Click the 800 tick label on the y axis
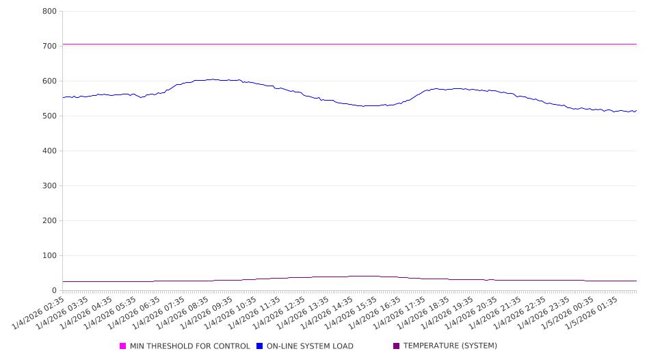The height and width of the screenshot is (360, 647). coord(49,11)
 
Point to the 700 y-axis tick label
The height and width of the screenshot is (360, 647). coord(49,46)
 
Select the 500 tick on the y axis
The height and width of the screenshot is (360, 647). coord(49,116)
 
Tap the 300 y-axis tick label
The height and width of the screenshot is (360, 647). coord(49,185)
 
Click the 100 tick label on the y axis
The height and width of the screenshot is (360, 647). coord(49,255)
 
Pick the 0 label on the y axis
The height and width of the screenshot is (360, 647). coord(53,290)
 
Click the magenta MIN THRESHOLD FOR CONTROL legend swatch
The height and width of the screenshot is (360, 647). coord(123,346)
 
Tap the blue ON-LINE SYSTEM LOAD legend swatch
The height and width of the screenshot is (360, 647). coord(260,346)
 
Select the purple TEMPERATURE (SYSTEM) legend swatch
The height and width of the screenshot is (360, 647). coord(397,346)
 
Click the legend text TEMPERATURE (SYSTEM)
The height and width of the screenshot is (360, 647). coord(450,346)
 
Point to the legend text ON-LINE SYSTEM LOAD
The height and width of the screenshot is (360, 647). coord(310,346)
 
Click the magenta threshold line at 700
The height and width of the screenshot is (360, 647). coord(342,44)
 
